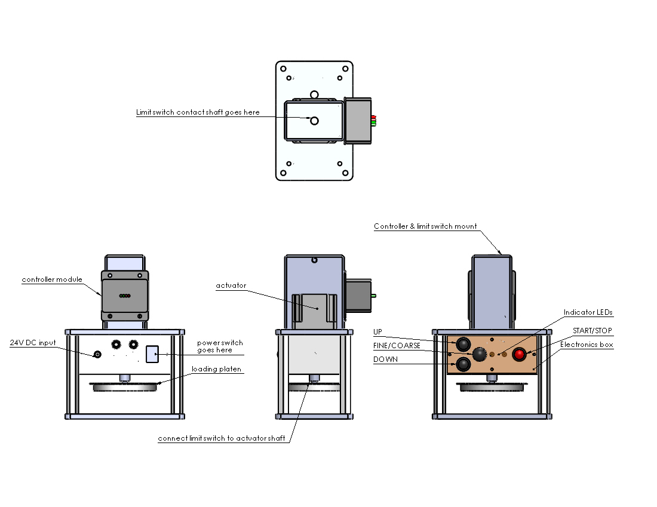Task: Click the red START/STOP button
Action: (519, 354)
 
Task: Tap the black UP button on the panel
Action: (463, 345)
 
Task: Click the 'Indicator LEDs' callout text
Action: (588, 312)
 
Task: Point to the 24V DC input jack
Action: (97, 355)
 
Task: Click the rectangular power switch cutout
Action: (152, 354)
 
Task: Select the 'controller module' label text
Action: (52, 279)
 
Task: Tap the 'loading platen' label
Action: (216, 369)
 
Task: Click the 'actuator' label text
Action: (231, 286)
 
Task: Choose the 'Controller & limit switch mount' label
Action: (425, 226)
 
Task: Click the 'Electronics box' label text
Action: (586, 345)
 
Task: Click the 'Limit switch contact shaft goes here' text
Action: (198, 112)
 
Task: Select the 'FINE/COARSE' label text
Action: (397, 346)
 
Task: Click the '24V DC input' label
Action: (33, 343)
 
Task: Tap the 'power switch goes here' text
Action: (220, 346)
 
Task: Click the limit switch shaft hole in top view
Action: (315, 121)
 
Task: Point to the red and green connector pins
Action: (373, 121)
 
